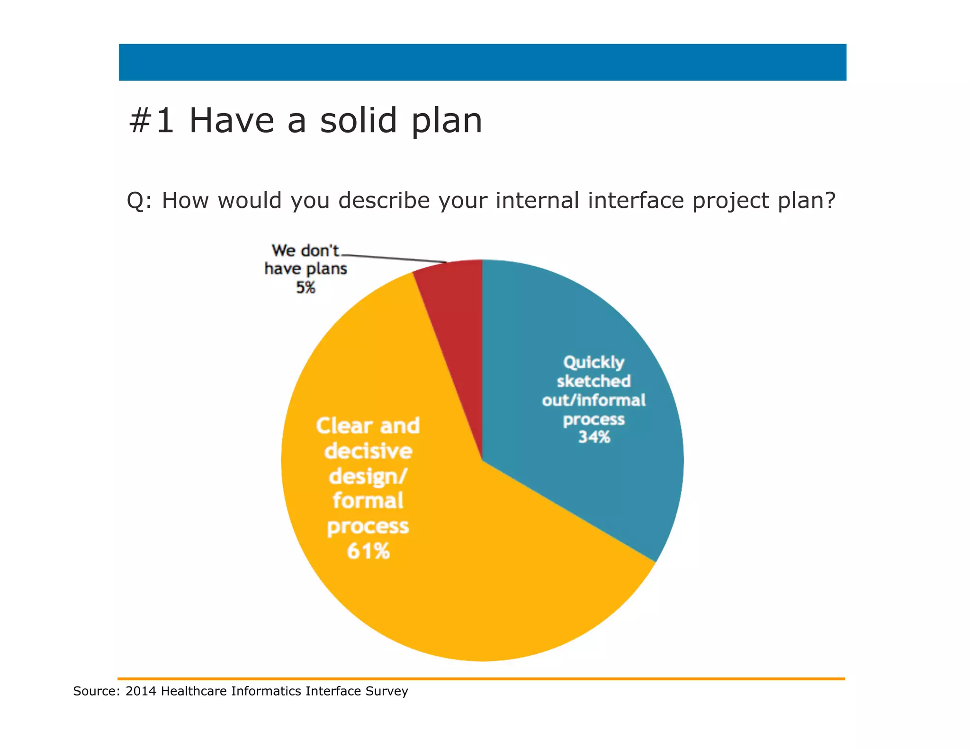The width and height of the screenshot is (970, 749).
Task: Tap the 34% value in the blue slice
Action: click(x=594, y=437)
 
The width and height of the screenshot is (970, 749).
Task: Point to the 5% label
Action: click(x=305, y=287)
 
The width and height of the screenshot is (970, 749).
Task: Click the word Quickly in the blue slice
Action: click(x=593, y=363)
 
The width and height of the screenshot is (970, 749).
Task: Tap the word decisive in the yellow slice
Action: click(x=368, y=451)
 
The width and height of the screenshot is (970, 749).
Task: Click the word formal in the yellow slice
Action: click(x=368, y=501)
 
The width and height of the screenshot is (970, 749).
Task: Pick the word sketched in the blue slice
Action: click(x=593, y=381)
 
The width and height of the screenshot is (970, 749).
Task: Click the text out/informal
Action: click(x=593, y=401)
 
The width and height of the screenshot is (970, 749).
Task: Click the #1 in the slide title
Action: click(x=151, y=121)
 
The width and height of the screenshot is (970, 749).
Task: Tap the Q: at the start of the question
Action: click(x=139, y=201)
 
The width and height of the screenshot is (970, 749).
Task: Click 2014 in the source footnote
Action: click(x=140, y=691)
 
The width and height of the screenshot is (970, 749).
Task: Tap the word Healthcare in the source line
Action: click(x=194, y=691)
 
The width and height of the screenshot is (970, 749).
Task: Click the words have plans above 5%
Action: click(x=305, y=269)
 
